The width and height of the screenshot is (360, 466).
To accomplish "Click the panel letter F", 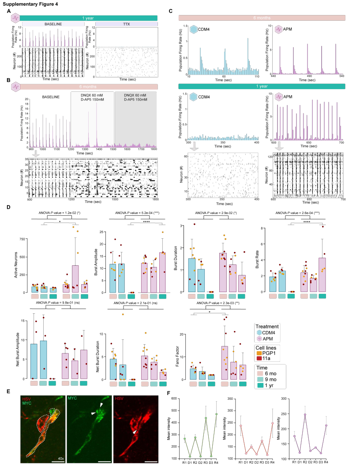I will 169,394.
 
